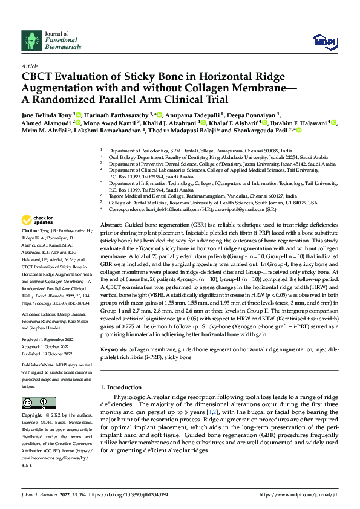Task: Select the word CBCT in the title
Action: [x=40, y=76]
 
